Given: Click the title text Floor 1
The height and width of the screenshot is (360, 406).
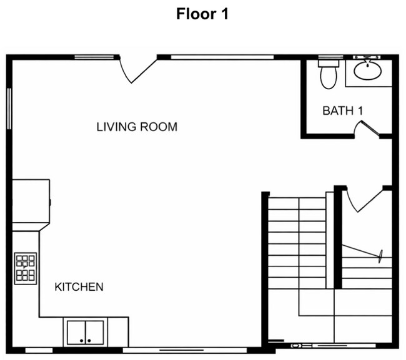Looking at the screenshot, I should (202, 14).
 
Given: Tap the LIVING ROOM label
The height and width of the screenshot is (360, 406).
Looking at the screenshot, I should (137, 127).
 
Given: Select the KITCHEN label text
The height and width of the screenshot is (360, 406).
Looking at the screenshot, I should (79, 287).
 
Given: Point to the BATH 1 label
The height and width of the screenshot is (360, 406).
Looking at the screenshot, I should (343, 111).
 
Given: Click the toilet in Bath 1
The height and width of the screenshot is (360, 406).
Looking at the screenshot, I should (328, 74).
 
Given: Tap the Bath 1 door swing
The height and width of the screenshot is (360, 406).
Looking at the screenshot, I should (367, 128).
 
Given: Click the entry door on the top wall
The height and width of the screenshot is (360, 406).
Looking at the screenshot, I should (137, 69).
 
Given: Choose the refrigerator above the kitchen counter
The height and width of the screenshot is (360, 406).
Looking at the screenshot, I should (31, 201).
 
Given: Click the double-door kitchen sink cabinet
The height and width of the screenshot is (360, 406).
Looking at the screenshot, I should (85, 332).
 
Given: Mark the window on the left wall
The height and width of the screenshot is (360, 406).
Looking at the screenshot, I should (9, 109).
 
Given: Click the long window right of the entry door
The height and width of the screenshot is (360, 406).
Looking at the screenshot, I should (222, 57).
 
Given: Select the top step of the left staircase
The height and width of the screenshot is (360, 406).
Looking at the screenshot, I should (297, 203).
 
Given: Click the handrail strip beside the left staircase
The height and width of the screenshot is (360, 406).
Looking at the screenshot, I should (330, 240).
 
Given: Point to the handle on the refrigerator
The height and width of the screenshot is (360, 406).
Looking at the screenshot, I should (51, 201).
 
